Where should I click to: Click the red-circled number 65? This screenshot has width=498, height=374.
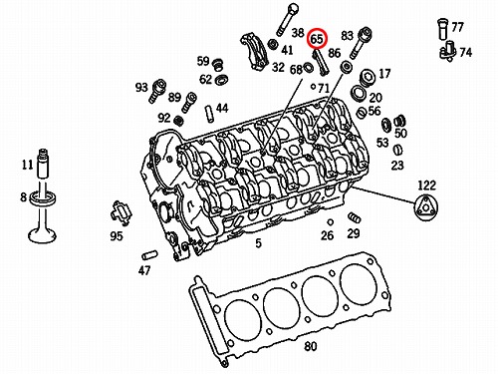point(317,39)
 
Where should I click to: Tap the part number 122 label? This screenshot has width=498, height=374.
point(426,186)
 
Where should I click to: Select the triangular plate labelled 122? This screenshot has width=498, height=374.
point(426,207)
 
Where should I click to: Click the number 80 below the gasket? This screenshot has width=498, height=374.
point(311,346)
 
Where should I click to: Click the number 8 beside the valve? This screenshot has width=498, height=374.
point(23,196)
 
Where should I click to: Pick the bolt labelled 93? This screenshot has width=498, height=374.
point(156,90)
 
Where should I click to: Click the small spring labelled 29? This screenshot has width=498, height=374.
point(355,217)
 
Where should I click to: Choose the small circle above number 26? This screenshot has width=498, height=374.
point(330,222)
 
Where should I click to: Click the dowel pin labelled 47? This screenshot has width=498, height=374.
point(150,255)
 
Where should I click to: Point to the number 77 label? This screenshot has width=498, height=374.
point(457,27)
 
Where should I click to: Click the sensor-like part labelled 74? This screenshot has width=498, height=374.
point(448,51)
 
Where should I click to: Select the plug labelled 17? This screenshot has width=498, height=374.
point(367,78)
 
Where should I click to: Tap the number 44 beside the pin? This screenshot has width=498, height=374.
point(222,108)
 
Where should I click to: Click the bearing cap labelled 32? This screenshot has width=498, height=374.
point(255,51)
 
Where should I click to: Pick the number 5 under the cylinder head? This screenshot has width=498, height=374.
point(259,243)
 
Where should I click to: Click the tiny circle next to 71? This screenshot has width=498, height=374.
point(313,87)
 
